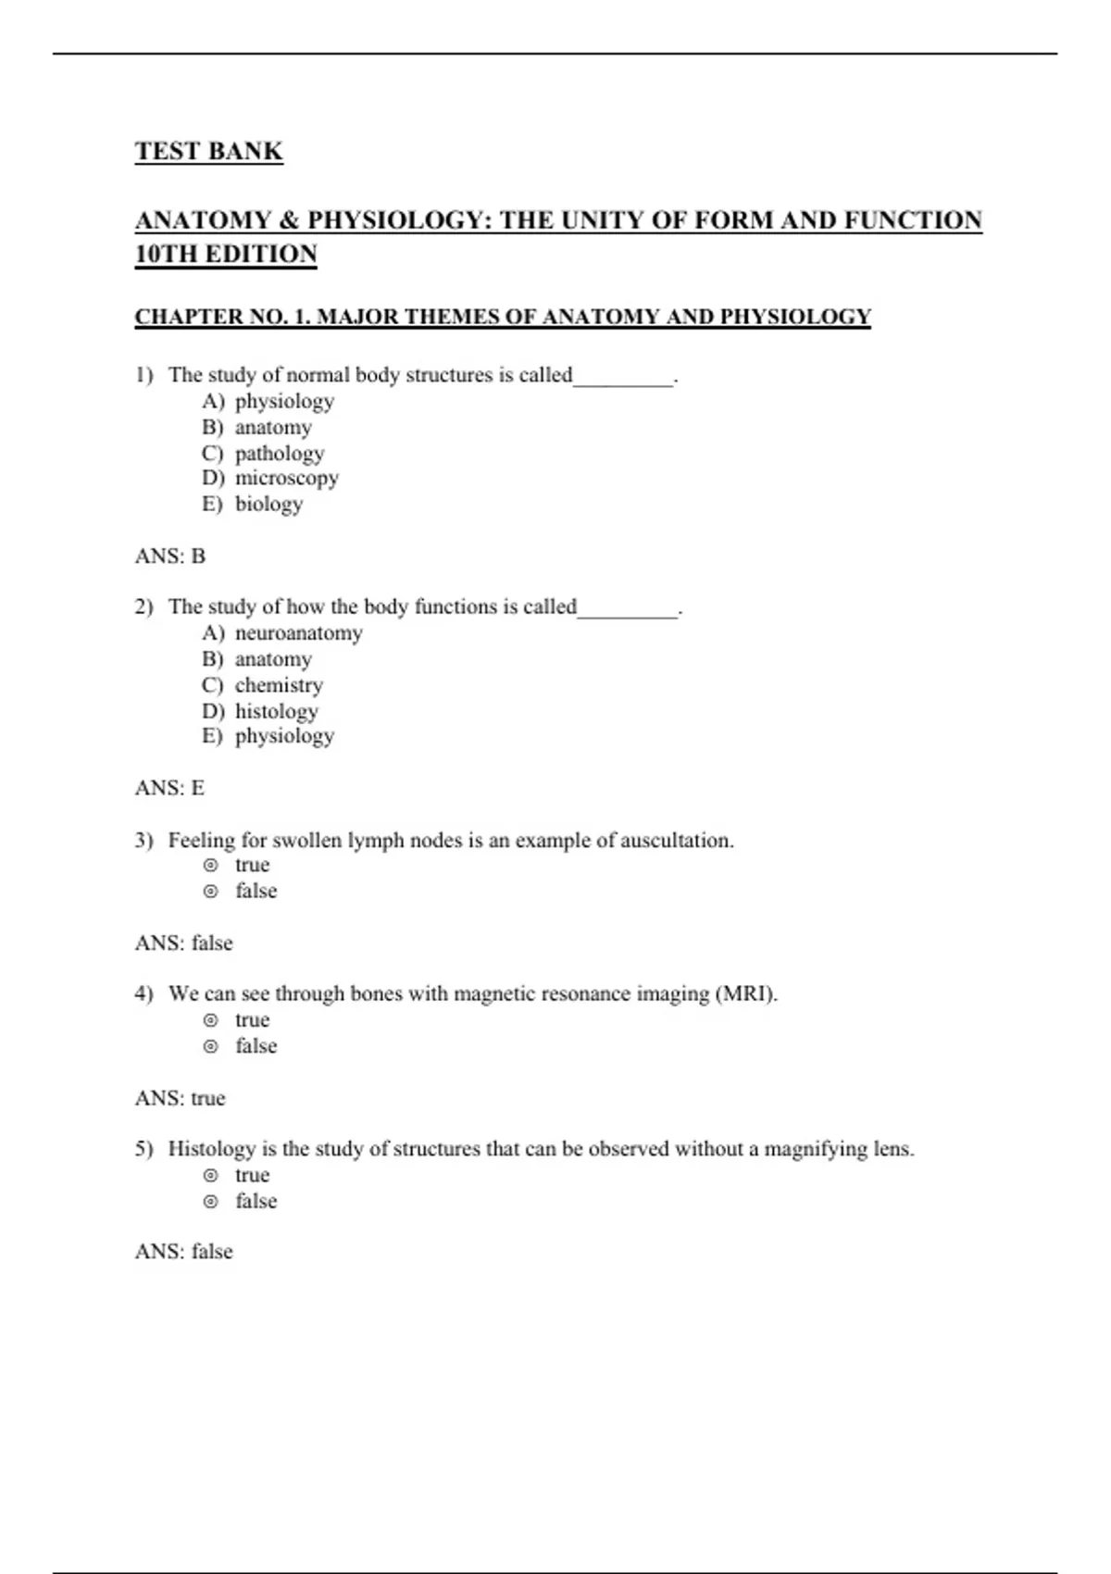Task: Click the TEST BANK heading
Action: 208,151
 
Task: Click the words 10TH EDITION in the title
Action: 226,254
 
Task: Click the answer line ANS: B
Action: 170,556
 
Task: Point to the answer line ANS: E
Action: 169,788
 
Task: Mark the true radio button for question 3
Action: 211,866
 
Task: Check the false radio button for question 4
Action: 211,1046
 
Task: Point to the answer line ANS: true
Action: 180,1098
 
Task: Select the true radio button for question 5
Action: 211,1176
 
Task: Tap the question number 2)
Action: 144,607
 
